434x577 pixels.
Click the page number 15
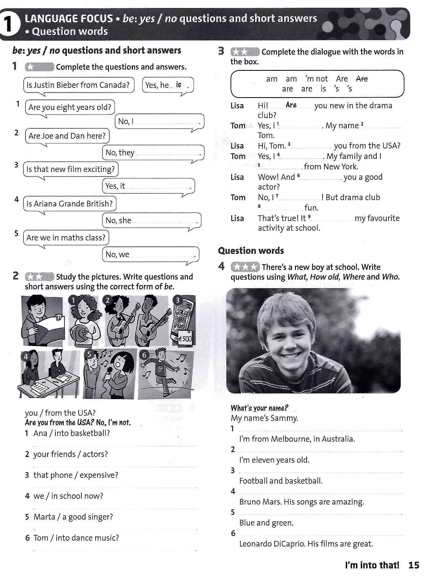[x=414, y=565]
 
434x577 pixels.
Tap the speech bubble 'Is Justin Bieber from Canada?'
[x=78, y=85]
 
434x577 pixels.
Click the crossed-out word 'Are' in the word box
[x=362, y=79]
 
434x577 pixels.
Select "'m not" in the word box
[x=316, y=79]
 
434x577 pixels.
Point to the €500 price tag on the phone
[x=185, y=339]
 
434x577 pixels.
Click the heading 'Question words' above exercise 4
[x=251, y=251]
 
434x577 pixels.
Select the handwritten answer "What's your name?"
[x=259, y=408]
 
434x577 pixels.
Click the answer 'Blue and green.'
[x=266, y=523]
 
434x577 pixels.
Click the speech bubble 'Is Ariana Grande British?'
[x=70, y=204]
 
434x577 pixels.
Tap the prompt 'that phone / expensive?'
[x=76, y=475]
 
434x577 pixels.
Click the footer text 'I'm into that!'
[x=372, y=565]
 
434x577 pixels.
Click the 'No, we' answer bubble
[x=151, y=254]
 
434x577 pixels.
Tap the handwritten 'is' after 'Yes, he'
[x=179, y=85]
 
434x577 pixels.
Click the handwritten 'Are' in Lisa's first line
[x=291, y=105]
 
